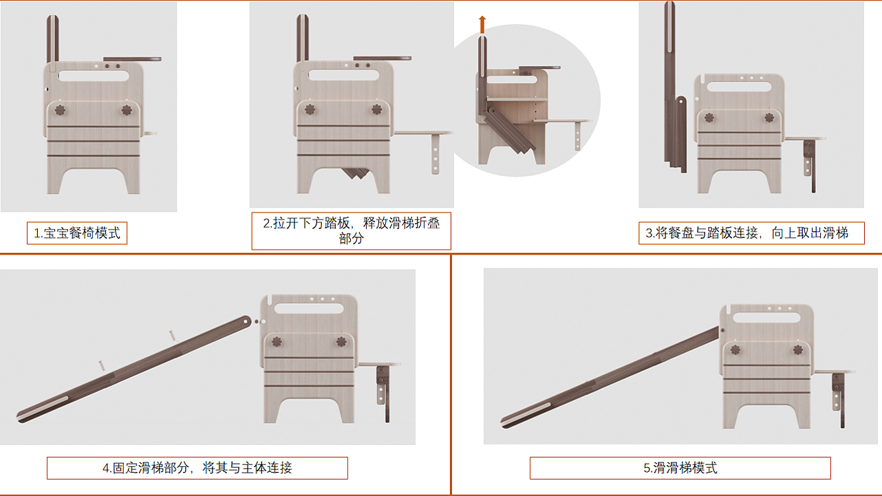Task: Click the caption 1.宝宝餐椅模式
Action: click(77, 233)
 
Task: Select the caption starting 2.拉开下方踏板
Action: click(352, 230)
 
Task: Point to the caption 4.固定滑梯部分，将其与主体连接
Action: click(197, 468)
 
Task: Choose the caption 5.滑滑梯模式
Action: click(680, 468)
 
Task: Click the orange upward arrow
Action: click(482, 24)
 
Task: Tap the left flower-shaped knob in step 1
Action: click(60, 110)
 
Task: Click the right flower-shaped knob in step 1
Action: click(127, 110)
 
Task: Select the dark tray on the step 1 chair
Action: click(132, 59)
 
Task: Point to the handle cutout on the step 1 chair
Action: click(94, 76)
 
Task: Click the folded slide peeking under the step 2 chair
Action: click(356, 173)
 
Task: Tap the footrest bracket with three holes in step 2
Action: click(435, 154)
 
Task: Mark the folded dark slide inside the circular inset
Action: click(508, 130)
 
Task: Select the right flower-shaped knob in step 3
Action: click(769, 118)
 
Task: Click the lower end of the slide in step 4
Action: click(21, 419)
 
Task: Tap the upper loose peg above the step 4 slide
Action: click(173, 336)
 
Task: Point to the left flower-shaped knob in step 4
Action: click(277, 341)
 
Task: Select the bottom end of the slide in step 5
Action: click(506, 423)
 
